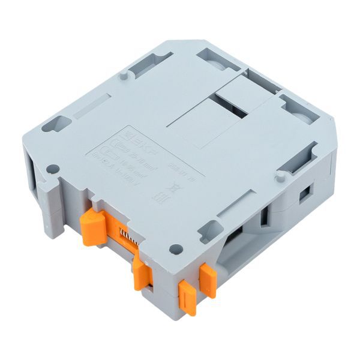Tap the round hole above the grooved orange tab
(175, 248)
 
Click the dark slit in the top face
(239, 108)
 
